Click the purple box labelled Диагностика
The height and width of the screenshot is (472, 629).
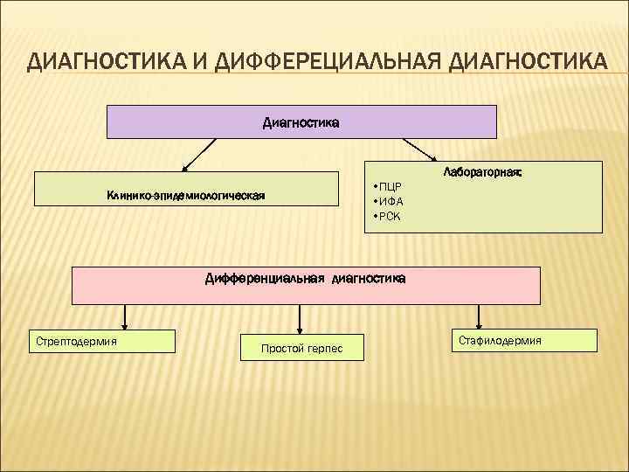click(301, 122)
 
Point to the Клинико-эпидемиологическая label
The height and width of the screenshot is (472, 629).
click(186, 195)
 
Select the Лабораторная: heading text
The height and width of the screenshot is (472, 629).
click(482, 173)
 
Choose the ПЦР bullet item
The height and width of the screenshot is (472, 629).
click(389, 187)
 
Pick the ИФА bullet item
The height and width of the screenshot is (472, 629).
click(390, 201)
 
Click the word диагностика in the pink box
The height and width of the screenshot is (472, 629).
click(368, 279)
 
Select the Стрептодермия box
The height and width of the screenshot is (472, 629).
click(103, 340)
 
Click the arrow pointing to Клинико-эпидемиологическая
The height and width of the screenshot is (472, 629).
click(199, 155)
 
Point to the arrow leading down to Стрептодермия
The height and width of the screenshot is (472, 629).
click(125, 316)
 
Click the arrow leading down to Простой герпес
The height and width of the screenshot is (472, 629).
click(301, 318)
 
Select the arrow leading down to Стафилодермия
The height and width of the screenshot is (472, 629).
click(478, 316)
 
